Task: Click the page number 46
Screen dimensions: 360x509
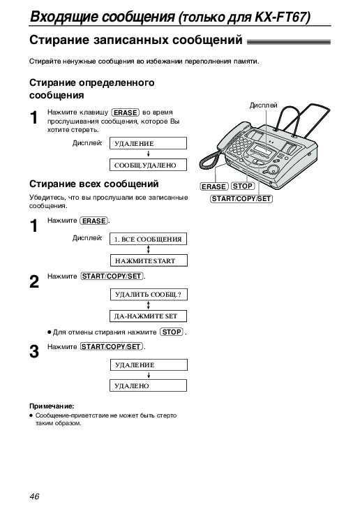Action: (x=34, y=496)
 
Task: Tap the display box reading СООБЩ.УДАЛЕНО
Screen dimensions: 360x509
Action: (x=148, y=165)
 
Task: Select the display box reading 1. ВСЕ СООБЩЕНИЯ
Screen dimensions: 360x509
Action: (x=148, y=239)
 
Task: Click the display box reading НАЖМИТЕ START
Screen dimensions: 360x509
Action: (x=148, y=260)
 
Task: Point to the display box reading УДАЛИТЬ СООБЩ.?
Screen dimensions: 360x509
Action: (x=149, y=295)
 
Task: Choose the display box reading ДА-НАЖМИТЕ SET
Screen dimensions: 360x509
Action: (x=148, y=316)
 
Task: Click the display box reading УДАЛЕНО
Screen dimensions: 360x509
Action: (x=148, y=385)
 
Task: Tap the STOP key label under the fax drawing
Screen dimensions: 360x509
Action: (x=243, y=186)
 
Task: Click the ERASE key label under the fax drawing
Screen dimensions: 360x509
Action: (x=213, y=186)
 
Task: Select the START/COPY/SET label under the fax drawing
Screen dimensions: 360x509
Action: (x=241, y=199)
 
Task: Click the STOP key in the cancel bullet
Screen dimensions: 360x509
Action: (x=172, y=332)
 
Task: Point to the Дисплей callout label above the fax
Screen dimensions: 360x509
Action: (x=263, y=105)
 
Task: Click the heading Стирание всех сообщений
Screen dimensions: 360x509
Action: (x=94, y=184)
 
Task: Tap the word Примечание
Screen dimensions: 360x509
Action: (x=52, y=406)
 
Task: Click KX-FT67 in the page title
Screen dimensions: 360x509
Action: (x=282, y=17)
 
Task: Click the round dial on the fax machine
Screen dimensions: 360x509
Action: (x=273, y=170)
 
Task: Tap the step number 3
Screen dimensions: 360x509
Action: (x=34, y=351)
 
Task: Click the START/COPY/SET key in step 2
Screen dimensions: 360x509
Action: (x=112, y=276)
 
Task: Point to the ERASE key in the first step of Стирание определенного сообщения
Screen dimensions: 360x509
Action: (x=125, y=112)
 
